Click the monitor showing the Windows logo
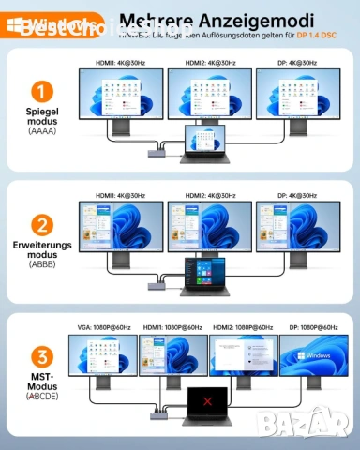click(x=314, y=355)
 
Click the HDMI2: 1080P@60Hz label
click(x=243, y=327)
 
